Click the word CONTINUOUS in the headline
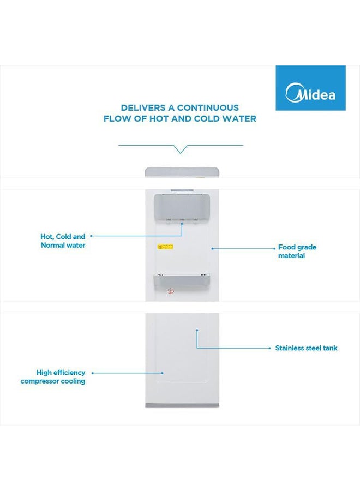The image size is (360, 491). click(x=208, y=108)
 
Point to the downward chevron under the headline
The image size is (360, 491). click(x=181, y=149)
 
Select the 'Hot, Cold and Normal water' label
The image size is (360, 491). click(x=63, y=241)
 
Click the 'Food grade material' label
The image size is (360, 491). click(x=297, y=252)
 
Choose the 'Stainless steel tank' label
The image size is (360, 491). click(x=306, y=348)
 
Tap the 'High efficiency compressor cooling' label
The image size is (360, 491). click(x=53, y=377)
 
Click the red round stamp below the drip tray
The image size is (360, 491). click(x=171, y=292)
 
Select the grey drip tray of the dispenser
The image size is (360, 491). click(x=182, y=280)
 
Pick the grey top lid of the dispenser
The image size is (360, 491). click(x=182, y=172)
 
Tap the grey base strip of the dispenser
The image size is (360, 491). click(x=182, y=404)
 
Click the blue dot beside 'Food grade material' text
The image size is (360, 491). click(x=213, y=248)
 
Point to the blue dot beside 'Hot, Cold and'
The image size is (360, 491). click(x=91, y=236)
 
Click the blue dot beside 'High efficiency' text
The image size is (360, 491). click(x=92, y=373)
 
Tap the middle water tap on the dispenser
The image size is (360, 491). click(x=182, y=220)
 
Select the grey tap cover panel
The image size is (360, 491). click(x=182, y=206)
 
